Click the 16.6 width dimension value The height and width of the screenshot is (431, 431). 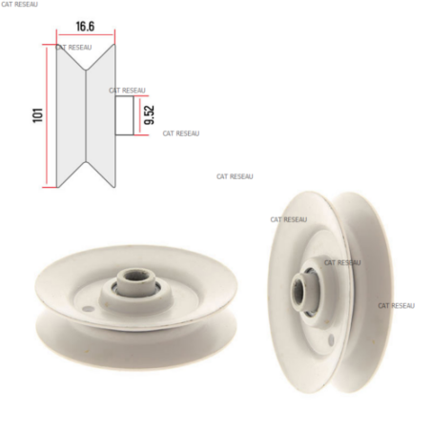[85, 27]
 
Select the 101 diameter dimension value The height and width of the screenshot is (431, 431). [38, 115]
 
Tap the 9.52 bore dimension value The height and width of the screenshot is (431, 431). [149, 114]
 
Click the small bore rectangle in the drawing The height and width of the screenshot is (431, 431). [124, 115]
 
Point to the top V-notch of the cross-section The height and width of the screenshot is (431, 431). [86, 69]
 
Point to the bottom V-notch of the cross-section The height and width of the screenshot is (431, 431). [86, 163]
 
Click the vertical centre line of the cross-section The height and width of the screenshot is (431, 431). [86, 115]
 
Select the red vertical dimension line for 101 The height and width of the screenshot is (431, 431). [47, 115]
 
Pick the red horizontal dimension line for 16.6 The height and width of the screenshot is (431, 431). [86, 34]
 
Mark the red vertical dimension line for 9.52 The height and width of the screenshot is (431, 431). [139, 115]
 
